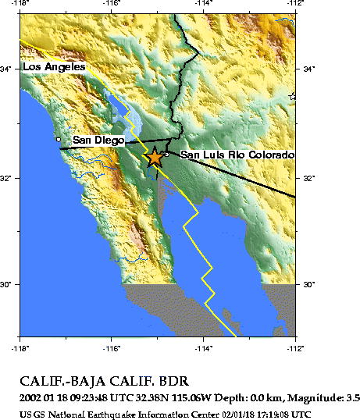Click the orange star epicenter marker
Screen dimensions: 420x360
(155, 157)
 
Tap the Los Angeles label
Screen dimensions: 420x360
(54, 67)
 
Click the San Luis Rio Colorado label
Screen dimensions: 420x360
(237, 155)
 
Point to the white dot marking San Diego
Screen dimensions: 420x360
(59, 139)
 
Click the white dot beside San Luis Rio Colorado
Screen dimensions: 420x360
(166, 154)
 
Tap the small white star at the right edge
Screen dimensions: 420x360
(293, 96)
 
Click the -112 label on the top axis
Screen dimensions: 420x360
(294, 5)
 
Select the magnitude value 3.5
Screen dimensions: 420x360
(352, 398)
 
